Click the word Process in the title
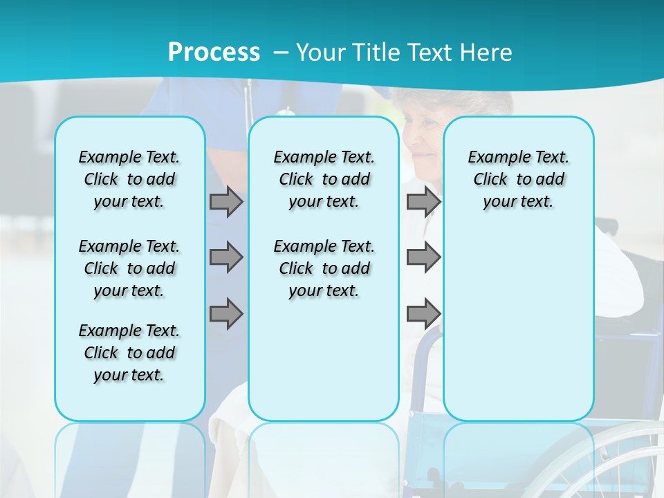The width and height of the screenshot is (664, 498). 214,52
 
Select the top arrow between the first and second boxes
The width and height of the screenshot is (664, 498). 226,201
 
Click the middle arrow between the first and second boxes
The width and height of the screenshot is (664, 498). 226,257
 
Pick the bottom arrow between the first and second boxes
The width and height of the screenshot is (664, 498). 226,314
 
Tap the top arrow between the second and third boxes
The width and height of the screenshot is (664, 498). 423,201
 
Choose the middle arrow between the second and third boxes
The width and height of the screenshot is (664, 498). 423,257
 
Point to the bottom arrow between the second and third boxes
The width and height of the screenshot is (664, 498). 423,314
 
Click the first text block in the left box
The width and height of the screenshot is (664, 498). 129,179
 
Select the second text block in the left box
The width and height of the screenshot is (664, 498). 129,268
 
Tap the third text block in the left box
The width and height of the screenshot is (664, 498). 129,353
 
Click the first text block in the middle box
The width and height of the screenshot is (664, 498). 324,179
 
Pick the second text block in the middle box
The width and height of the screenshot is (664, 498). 324,268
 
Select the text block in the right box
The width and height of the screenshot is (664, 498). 518,179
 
